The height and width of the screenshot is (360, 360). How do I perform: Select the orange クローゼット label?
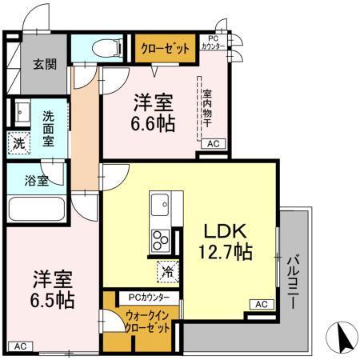166,49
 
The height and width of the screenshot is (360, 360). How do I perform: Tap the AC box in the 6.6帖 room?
214,144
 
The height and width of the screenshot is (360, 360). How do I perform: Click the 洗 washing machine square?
18,143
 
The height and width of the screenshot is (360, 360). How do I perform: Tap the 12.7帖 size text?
225,253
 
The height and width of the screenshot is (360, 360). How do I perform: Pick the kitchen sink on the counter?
158,204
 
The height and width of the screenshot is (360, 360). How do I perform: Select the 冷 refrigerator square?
169,271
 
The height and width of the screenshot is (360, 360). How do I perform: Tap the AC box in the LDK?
260,304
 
